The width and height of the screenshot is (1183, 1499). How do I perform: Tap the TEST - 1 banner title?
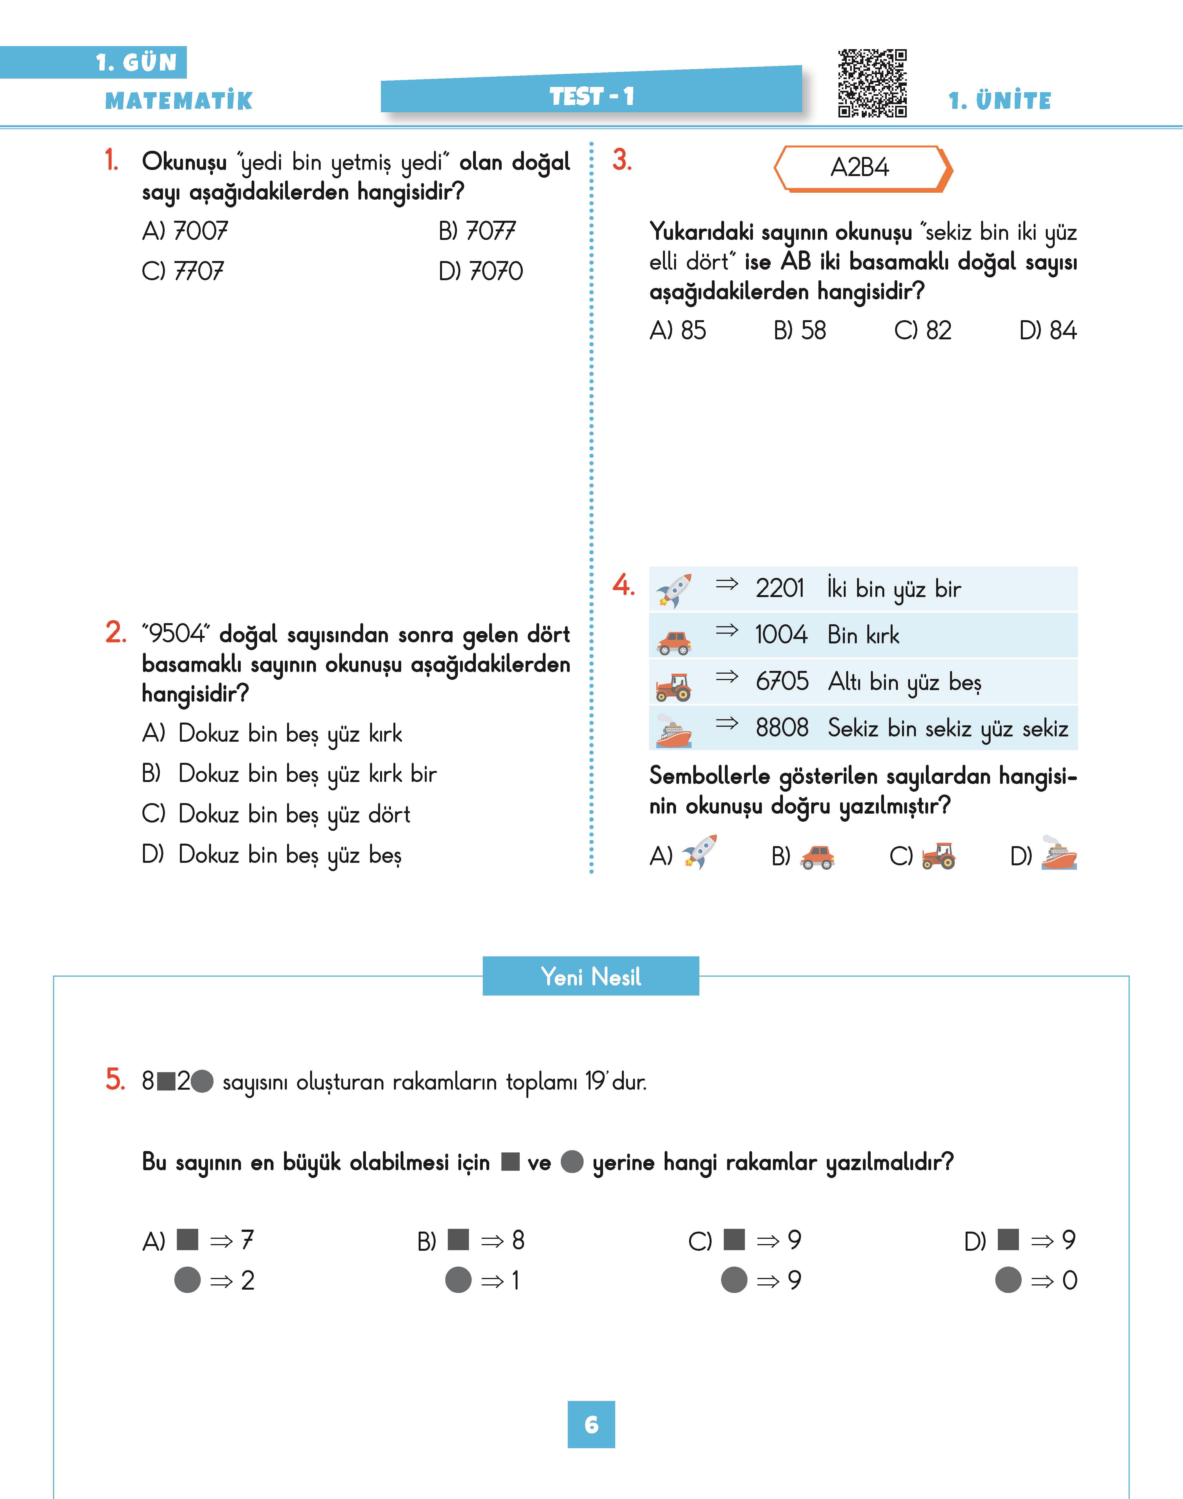591,96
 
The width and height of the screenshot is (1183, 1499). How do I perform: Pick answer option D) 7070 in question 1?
481,271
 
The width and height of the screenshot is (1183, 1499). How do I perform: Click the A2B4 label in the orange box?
860,168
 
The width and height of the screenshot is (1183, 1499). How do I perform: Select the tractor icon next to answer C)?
938,856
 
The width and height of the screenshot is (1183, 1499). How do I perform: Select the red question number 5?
115,1080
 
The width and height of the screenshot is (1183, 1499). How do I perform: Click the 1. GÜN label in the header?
136,62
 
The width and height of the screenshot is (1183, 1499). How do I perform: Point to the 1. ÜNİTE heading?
999,101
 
